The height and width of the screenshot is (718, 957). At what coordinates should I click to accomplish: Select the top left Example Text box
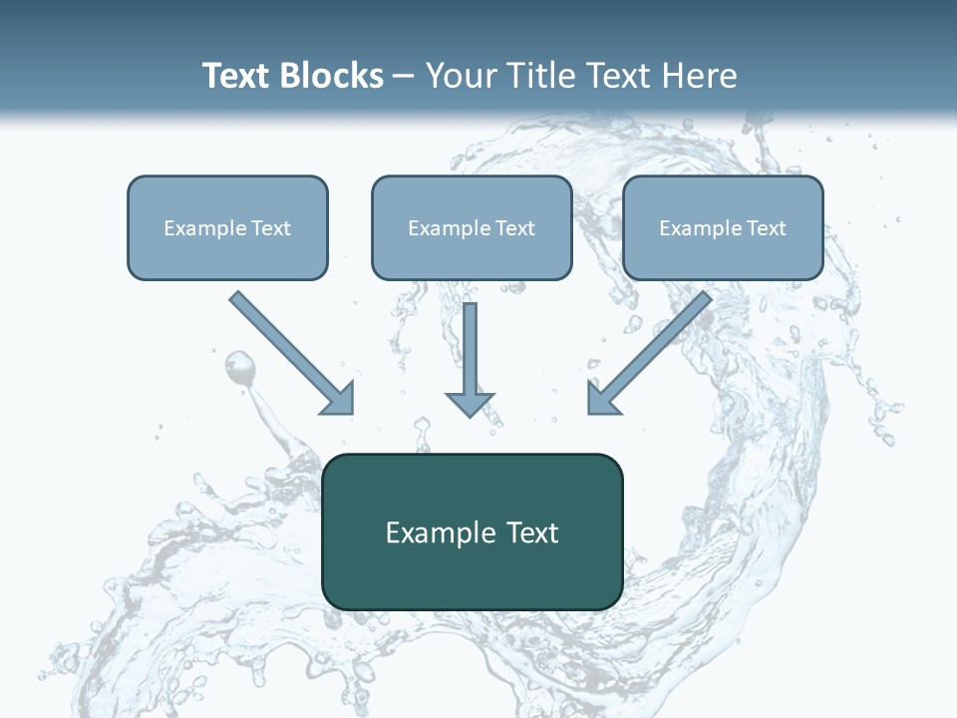(x=227, y=227)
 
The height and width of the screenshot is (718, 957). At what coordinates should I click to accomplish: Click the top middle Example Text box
(x=472, y=227)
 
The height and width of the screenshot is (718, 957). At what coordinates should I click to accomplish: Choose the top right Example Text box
(x=723, y=227)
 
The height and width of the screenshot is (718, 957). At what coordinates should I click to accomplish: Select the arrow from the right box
(x=652, y=350)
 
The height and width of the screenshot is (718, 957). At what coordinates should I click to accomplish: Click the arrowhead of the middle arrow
(x=470, y=404)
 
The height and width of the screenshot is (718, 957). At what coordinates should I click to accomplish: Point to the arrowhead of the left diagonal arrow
(x=339, y=398)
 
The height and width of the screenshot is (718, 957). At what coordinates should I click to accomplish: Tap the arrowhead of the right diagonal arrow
(x=602, y=398)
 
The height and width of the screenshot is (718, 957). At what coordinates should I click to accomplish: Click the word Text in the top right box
(x=766, y=227)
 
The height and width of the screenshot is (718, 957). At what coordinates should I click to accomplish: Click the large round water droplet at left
(x=239, y=368)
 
